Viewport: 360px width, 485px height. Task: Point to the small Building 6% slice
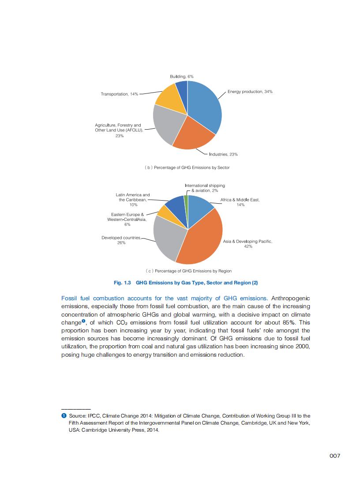point(182,88)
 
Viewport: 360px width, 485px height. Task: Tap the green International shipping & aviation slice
point(186,201)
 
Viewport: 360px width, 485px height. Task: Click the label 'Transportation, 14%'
point(119,94)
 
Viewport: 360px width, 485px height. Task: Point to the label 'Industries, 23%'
point(223,154)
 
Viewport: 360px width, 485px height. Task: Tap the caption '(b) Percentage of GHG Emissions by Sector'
point(187,168)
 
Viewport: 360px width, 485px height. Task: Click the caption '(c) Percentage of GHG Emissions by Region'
point(188,271)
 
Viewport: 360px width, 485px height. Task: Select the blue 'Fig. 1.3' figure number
point(123,283)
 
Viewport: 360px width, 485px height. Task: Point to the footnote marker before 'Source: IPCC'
point(64,416)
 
